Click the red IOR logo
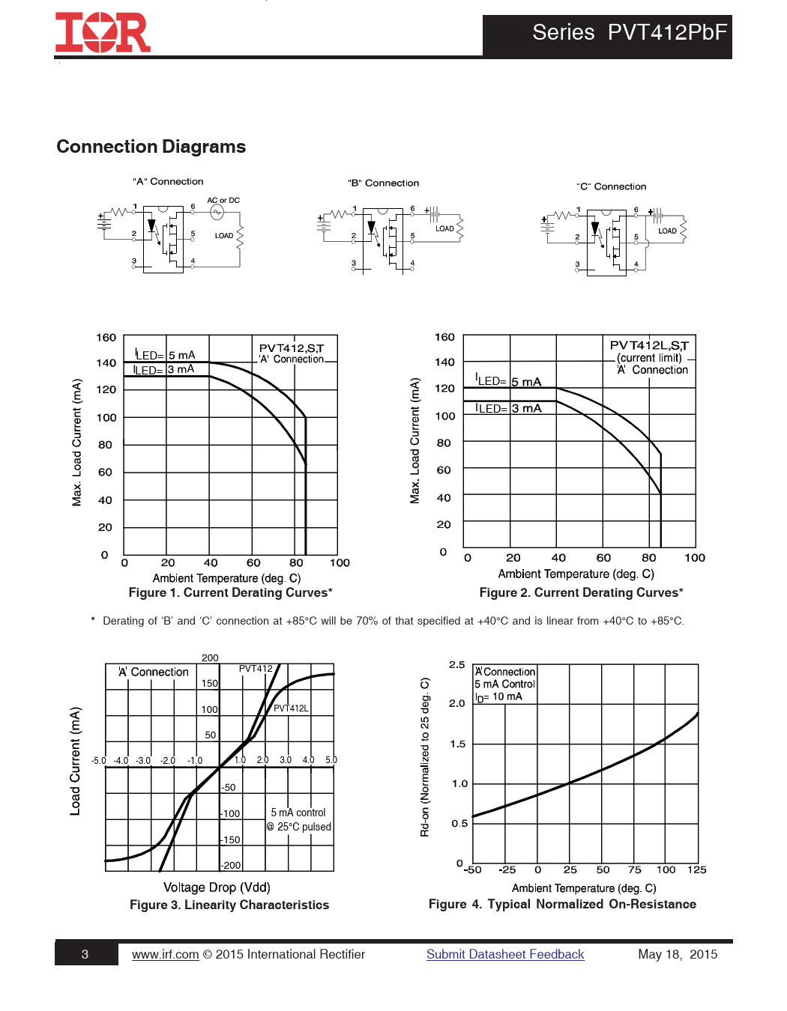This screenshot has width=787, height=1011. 103,33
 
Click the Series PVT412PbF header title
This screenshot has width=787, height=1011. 629,32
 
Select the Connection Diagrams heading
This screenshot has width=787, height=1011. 151,147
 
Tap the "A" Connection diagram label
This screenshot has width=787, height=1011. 168,181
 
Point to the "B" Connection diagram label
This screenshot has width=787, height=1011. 383,183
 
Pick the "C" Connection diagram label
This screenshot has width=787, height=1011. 611,186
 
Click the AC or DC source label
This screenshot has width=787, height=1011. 223,200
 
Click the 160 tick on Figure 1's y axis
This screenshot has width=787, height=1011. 106,338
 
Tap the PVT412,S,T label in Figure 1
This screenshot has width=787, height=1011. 292,348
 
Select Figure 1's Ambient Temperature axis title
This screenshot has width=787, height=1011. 226,578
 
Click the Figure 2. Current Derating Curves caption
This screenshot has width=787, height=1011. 581,592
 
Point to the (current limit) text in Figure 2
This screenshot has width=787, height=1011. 649,358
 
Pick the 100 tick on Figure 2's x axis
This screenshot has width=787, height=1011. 695,557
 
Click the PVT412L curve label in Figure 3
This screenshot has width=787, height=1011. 291,708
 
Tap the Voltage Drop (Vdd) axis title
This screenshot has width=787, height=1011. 217,887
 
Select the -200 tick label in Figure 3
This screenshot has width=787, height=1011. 231,865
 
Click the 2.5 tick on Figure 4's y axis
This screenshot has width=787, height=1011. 456,665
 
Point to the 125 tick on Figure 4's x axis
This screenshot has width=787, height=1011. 697,869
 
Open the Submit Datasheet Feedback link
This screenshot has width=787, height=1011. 505,954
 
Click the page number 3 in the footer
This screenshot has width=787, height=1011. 85,954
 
